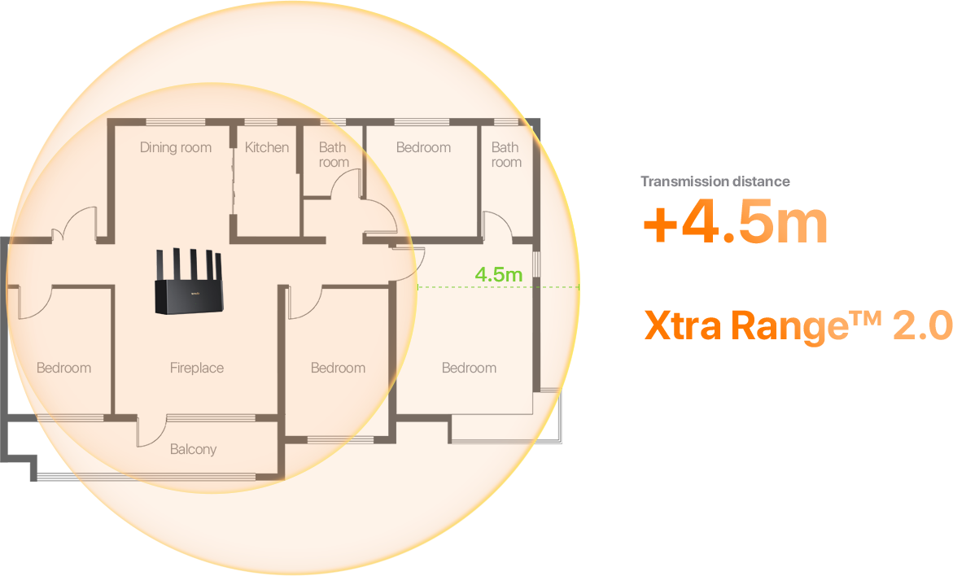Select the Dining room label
click(176, 147)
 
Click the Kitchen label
click(267, 147)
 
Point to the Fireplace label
click(197, 368)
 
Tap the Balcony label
click(193, 449)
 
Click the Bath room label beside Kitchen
click(334, 155)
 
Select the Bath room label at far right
click(506, 155)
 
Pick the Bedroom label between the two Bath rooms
click(424, 147)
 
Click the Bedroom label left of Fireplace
click(63, 368)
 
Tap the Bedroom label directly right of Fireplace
click(338, 368)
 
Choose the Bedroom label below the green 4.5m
click(470, 368)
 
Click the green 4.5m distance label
click(498, 275)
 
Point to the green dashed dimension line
click(498, 287)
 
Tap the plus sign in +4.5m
click(661, 225)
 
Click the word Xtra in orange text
click(683, 325)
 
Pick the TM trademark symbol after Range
click(865, 317)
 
